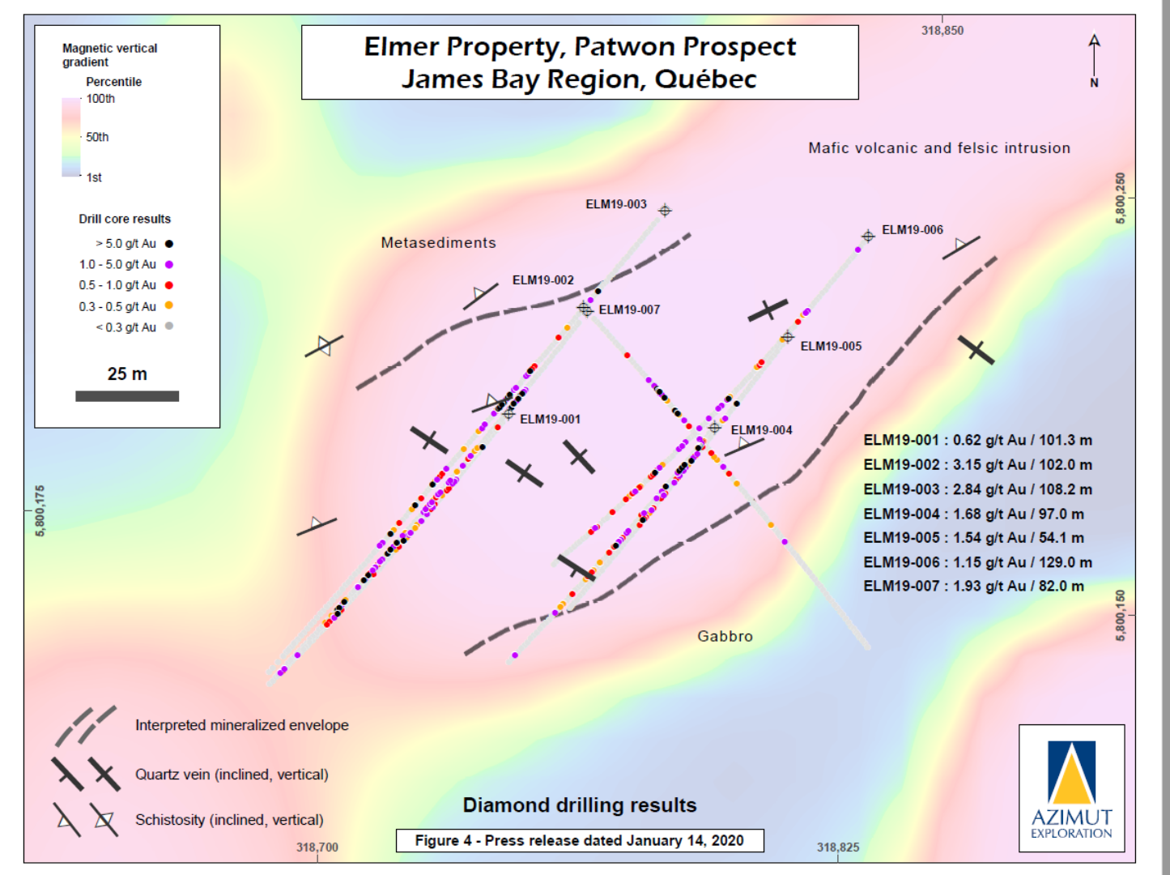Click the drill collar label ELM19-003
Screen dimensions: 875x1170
(x=616, y=204)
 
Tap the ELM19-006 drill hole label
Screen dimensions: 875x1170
(x=912, y=230)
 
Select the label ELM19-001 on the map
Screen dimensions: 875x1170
(x=550, y=420)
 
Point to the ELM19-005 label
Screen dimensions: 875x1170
(x=831, y=347)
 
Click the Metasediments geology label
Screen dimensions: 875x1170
(x=438, y=243)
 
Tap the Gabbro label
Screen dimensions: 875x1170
(x=725, y=637)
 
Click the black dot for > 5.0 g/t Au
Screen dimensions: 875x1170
(x=169, y=244)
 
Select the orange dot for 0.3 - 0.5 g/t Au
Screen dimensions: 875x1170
(x=169, y=305)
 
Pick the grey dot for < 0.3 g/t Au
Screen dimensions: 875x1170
(x=169, y=327)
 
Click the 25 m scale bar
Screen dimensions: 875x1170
(x=127, y=396)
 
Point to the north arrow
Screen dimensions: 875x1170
(x=1094, y=57)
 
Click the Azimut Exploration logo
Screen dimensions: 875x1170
(x=1071, y=788)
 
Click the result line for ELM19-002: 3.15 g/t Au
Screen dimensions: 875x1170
(x=977, y=465)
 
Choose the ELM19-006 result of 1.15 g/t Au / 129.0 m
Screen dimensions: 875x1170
(x=977, y=562)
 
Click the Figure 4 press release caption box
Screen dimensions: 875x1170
(x=579, y=841)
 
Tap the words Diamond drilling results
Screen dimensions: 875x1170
(x=579, y=805)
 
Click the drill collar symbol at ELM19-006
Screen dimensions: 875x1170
(x=868, y=237)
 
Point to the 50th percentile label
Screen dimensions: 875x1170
(x=97, y=138)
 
